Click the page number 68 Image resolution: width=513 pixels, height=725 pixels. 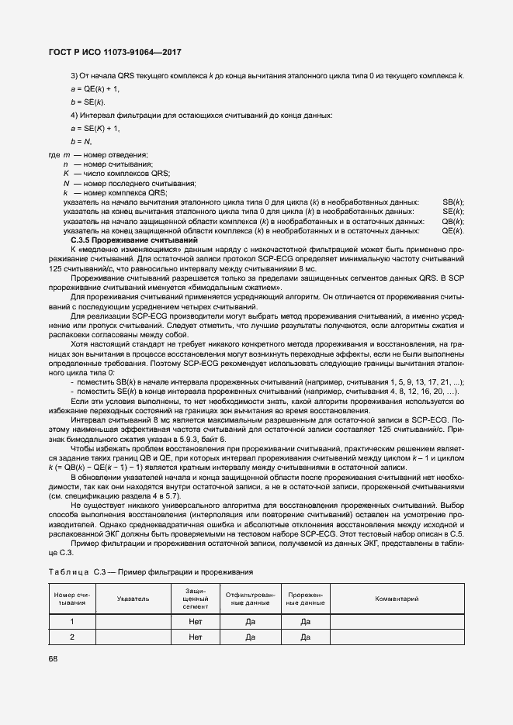point(54,659)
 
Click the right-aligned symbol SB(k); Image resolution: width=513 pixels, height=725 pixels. point(452,202)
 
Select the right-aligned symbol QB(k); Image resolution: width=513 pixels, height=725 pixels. point(452,221)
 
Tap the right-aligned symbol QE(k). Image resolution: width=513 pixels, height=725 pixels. point(452,231)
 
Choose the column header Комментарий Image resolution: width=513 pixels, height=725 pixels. point(397,599)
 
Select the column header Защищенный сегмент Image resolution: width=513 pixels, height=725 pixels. point(195,599)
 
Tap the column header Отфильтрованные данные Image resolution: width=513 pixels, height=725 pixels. point(250,599)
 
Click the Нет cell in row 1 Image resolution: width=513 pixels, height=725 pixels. point(195,621)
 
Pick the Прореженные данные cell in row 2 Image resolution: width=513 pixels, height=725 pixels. point(305,637)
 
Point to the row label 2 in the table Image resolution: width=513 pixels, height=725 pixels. point(71,637)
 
